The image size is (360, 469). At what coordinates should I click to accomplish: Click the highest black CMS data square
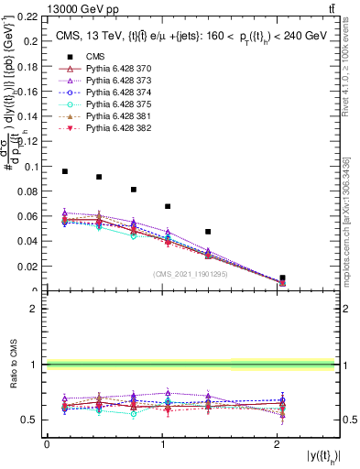pyautogui.click(x=65, y=171)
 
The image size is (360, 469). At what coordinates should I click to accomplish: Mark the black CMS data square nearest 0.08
pyautogui.click(x=134, y=190)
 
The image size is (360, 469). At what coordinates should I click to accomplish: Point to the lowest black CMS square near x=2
pyautogui.click(x=282, y=278)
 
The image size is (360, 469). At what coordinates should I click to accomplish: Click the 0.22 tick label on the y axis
pyautogui.click(x=28, y=17)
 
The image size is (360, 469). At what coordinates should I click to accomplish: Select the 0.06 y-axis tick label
pyautogui.click(x=28, y=217)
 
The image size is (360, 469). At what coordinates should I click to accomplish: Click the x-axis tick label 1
pyautogui.click(x=162, y=444)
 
